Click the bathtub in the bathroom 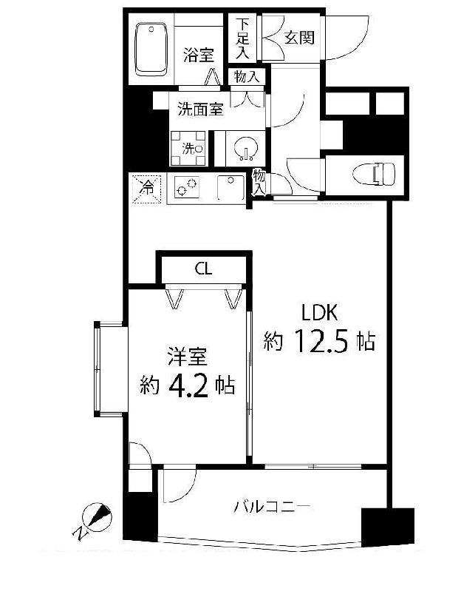click(x=151, y=50)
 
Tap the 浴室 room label click(x=198, y=55)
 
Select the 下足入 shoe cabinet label click(x=242, y=38)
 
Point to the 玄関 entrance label click(x=300, y=37)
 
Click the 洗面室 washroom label click(x=201, y=109)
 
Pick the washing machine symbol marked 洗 click(x=188, y=148)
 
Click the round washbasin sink click(x=245, y=149)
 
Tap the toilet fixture click(x=375, y=174)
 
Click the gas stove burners click(x=187, y=187)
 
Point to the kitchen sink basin click(x=230, y=188)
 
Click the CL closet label click(x=203, y=269)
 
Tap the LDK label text click(x=319, y=313)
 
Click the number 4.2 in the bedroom click(x=188, y=385)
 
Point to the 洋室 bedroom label click(x=188, y=357)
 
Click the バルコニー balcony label click(x=273, y=507)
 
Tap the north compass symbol click(x=96, y=520)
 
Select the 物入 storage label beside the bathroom click(x=247, y=77)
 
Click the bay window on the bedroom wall click(x=109, y=368)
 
